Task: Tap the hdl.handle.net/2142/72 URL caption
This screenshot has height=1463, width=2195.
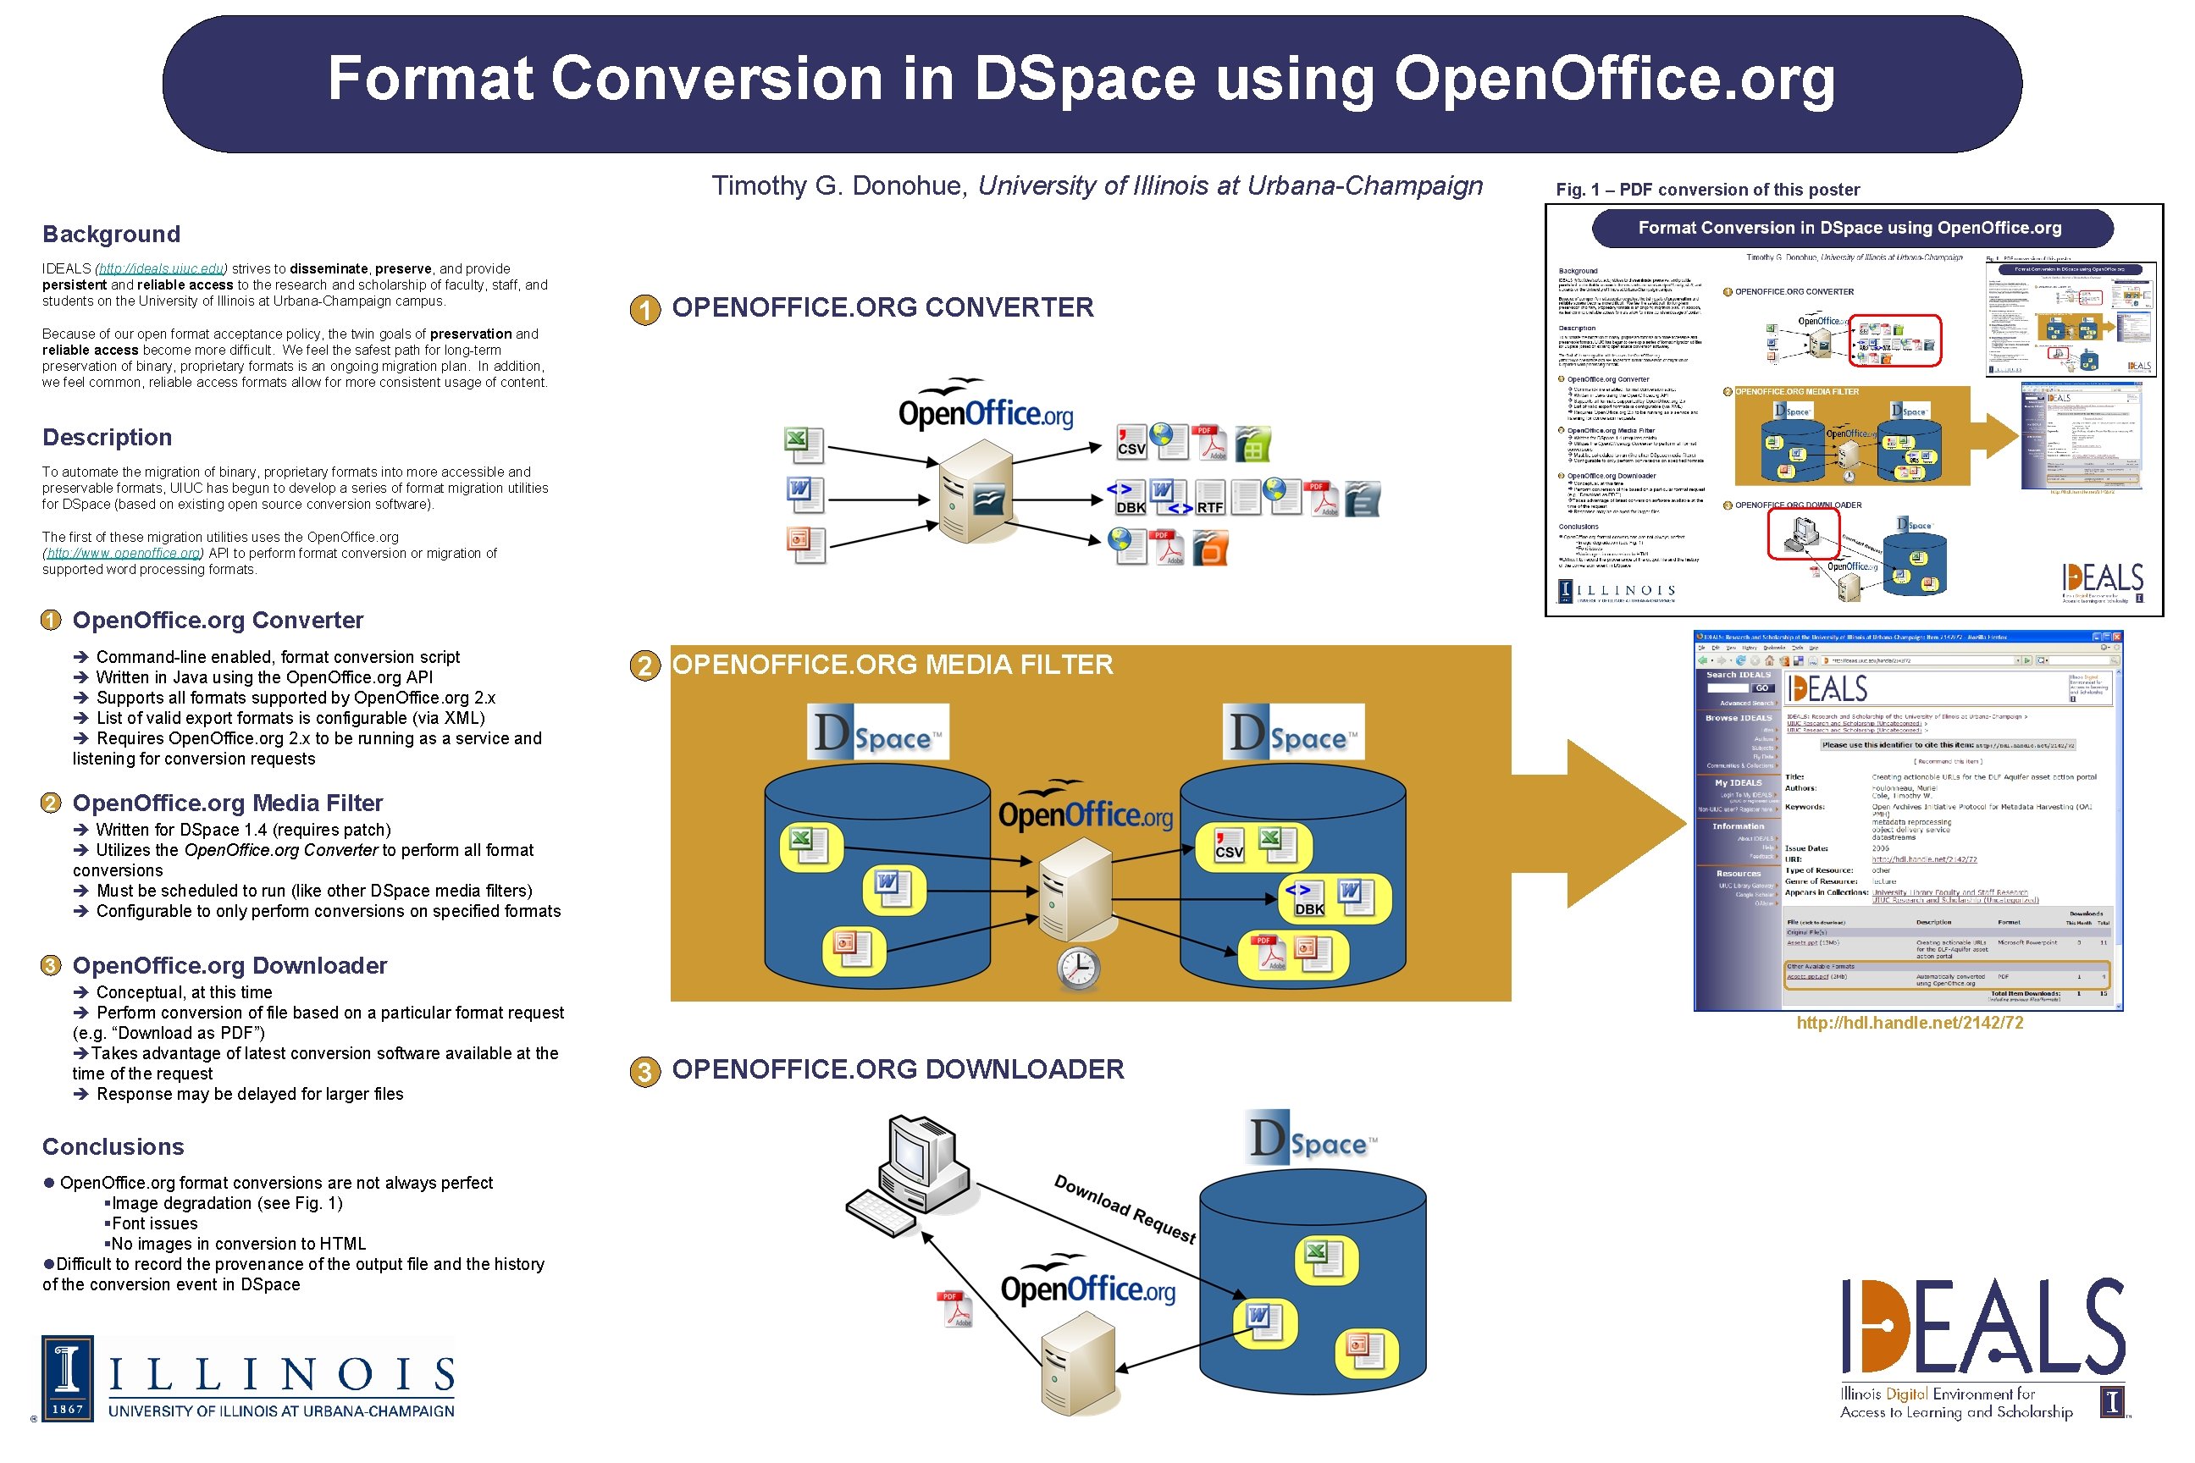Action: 1910,1023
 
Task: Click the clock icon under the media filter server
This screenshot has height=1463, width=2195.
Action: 1078,969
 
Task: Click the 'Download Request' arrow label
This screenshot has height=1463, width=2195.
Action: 1125,1208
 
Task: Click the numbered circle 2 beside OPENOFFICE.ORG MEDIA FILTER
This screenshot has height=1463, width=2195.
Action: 644,666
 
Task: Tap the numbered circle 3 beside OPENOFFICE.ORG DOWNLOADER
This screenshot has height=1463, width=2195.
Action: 644,1071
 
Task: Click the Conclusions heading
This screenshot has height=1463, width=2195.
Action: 113,1146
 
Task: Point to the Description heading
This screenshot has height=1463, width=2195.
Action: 108,438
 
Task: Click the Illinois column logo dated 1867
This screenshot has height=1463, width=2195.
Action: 67,1378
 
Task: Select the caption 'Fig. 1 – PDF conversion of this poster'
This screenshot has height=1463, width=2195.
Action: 1707,190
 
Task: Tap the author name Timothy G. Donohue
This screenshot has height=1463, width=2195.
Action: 839,185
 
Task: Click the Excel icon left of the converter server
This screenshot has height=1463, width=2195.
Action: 803,444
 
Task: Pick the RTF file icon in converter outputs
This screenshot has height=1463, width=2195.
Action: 1210,498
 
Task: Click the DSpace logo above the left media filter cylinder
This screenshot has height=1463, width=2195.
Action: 877,732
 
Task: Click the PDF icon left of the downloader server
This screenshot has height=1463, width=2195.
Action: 955,1308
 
